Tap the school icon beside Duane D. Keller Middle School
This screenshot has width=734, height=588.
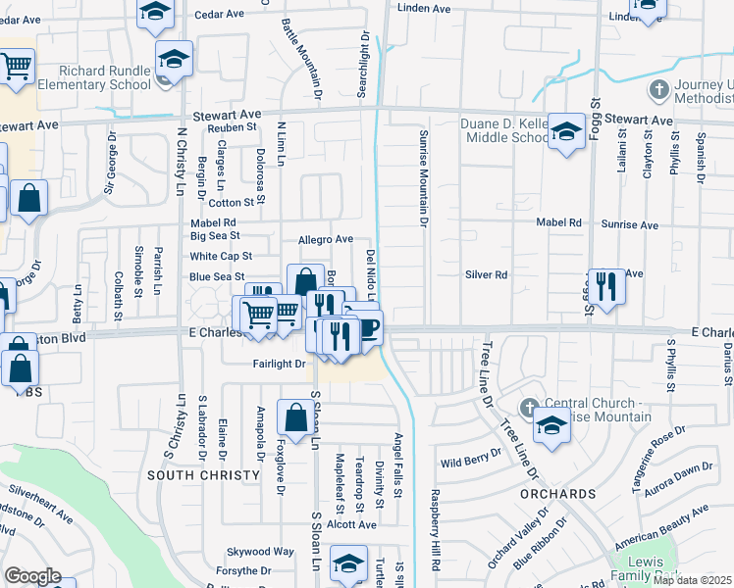pos(566,133)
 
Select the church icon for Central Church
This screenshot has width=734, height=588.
pos(529,407)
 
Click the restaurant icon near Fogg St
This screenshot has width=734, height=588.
pos(606,288)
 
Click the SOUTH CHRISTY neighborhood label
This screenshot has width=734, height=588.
pos(192,474)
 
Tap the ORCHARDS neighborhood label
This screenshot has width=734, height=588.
pos(557,493)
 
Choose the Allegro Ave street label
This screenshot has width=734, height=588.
pos(325,239)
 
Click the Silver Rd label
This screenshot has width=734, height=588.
pos(486,275)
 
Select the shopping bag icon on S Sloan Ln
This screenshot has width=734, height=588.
pos(295,419)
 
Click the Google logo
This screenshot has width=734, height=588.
pos(32,576)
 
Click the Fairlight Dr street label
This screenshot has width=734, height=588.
pos(279,364)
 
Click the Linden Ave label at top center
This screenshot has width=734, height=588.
pos(424,8)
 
